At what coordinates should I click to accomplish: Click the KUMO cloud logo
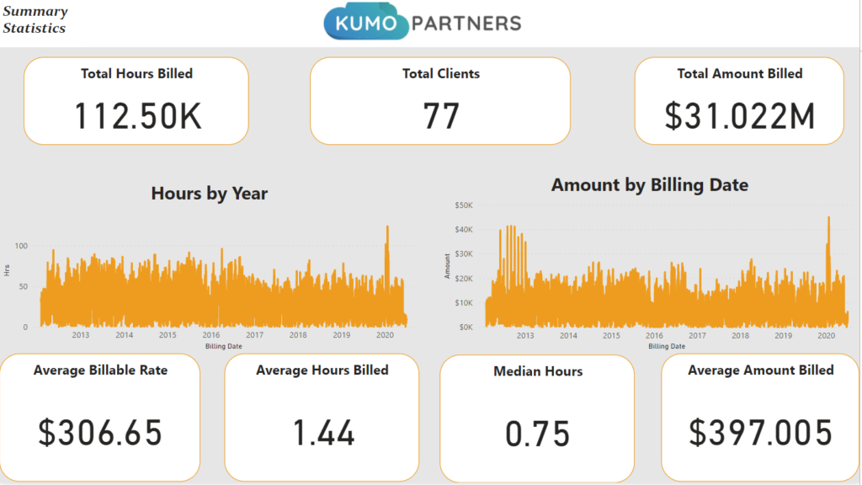pos(366,21)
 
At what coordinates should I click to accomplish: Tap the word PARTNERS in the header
pos(466,24)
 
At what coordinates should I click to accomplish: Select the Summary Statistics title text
pos(35,20)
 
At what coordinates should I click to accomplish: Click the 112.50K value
pos(137,116)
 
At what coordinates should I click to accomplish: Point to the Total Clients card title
pos(441,74)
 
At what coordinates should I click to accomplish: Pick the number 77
pos(441,116)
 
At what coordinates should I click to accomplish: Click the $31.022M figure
pos(739,116)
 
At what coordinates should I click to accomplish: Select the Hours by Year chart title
pos(210,194)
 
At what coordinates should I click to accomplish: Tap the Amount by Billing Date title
pos(650,184)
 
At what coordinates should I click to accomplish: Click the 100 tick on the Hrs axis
pos(21,246)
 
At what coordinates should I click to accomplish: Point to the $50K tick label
pos(464,205)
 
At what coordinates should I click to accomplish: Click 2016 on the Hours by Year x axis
pos(211,335)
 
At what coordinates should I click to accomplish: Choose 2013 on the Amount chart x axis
pos(525,335)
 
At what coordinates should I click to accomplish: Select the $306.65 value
pos(100,432)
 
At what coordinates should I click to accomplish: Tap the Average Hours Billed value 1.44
pos(323,432)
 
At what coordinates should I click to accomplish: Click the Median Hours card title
pos(538,371)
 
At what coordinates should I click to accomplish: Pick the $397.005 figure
pos(761,432)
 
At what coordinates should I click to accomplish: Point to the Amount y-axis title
pos(448,266)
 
